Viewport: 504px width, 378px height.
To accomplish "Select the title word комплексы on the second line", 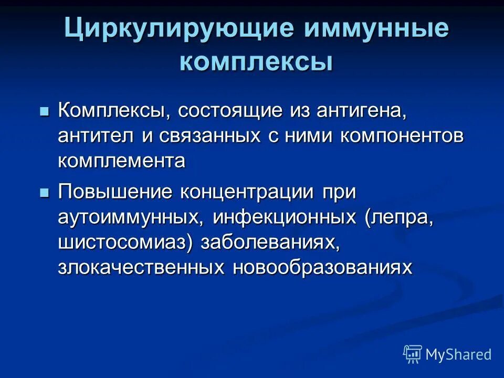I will pyautogui.click(x=256, y=62).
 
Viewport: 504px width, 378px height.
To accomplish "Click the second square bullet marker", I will pyautogui.click(x=44, y=193).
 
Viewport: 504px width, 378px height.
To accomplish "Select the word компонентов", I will pyautogui.click(x=402, y=136).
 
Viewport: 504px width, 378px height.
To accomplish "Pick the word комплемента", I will pyautogui.click(x=121, y=161).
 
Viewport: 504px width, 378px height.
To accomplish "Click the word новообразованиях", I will pyautogui.click(x=322, y=268).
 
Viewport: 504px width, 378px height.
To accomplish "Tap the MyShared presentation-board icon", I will pyautogui.click(x=413, y=354).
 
